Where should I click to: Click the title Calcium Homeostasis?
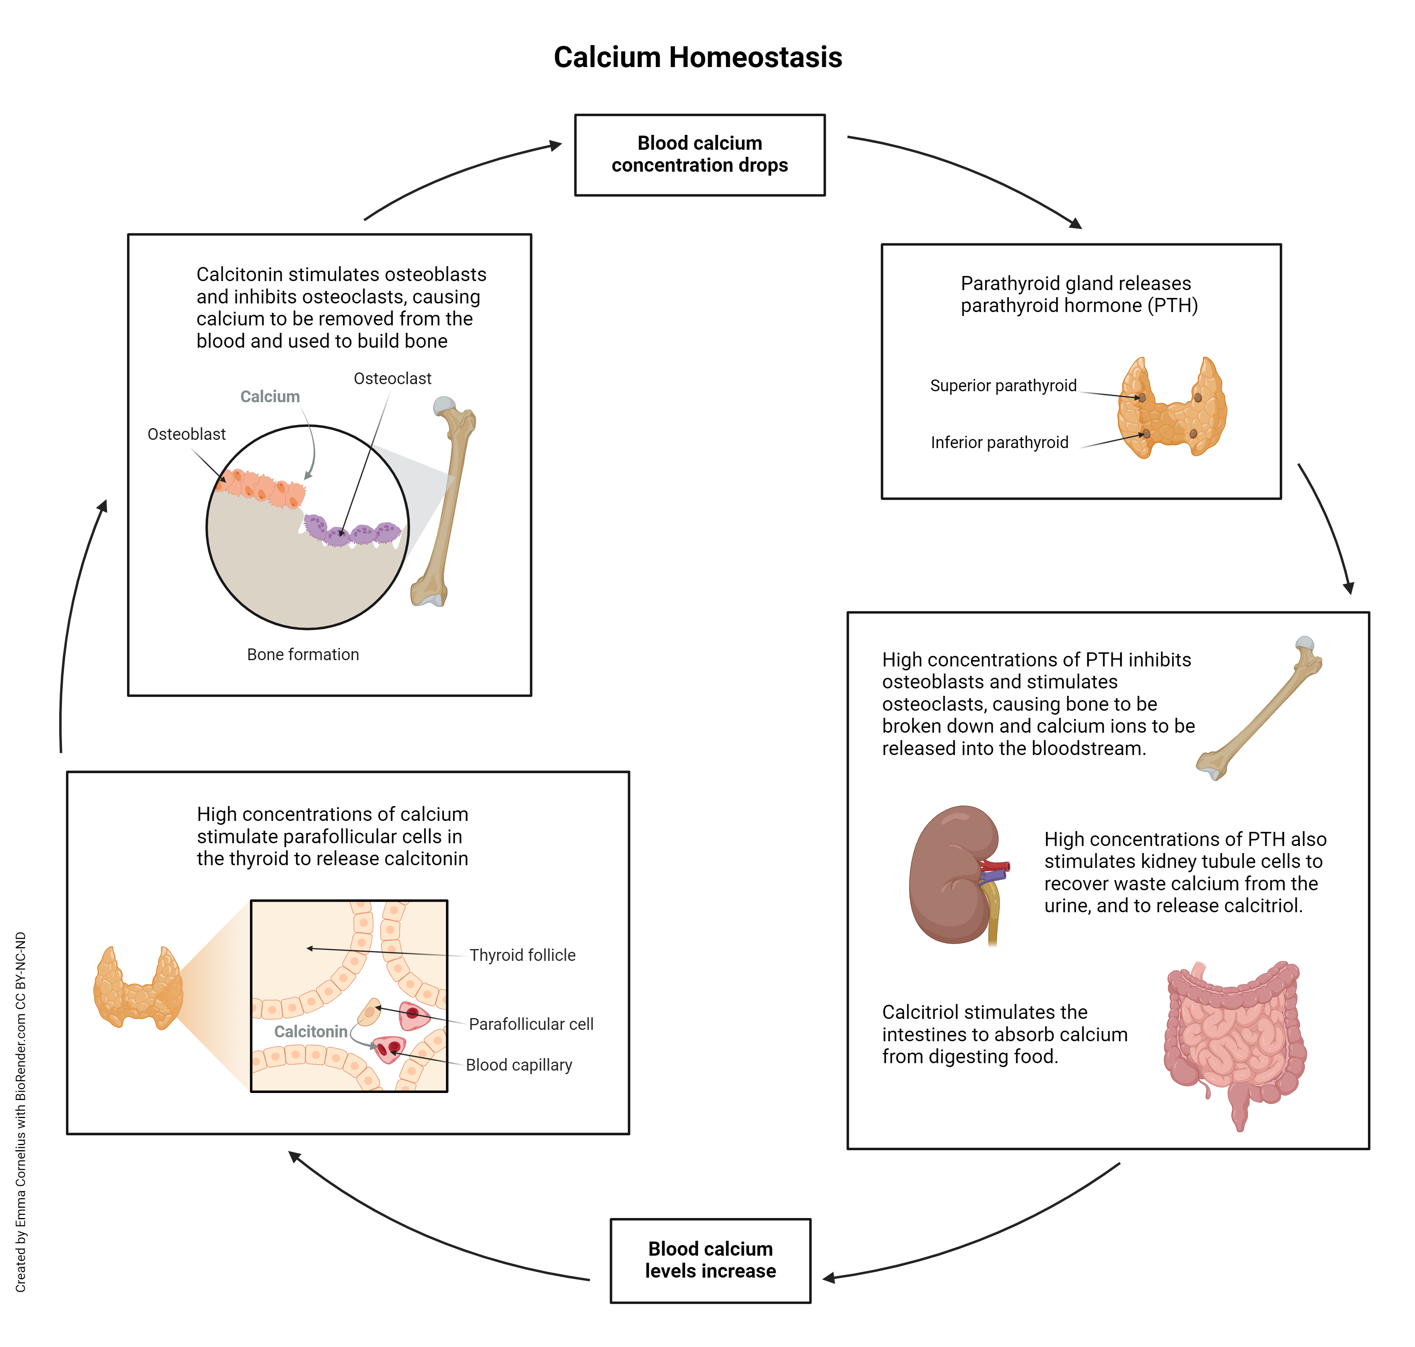pyautogui.click(x=698, y=58)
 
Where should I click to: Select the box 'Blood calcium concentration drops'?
pyautogui.click(x=699, y=154)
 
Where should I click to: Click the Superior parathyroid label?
pyautogui.click(x=1003, y=386)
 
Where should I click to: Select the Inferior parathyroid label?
pyautogui.click(x=999, y=442)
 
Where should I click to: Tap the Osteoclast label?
pyautogui.click(x=392, y=378)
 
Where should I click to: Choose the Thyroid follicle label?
pyautogui.click(x=522, y=955)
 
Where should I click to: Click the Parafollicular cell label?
pyautogui.click(x=531, y=1024)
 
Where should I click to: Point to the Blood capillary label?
pyautogui.click(x=519, y=1065)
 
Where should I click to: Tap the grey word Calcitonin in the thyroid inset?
pyautogui.click(x=310, y=1032)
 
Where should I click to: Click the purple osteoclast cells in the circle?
pyautogui.click(x=352, y=531)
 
